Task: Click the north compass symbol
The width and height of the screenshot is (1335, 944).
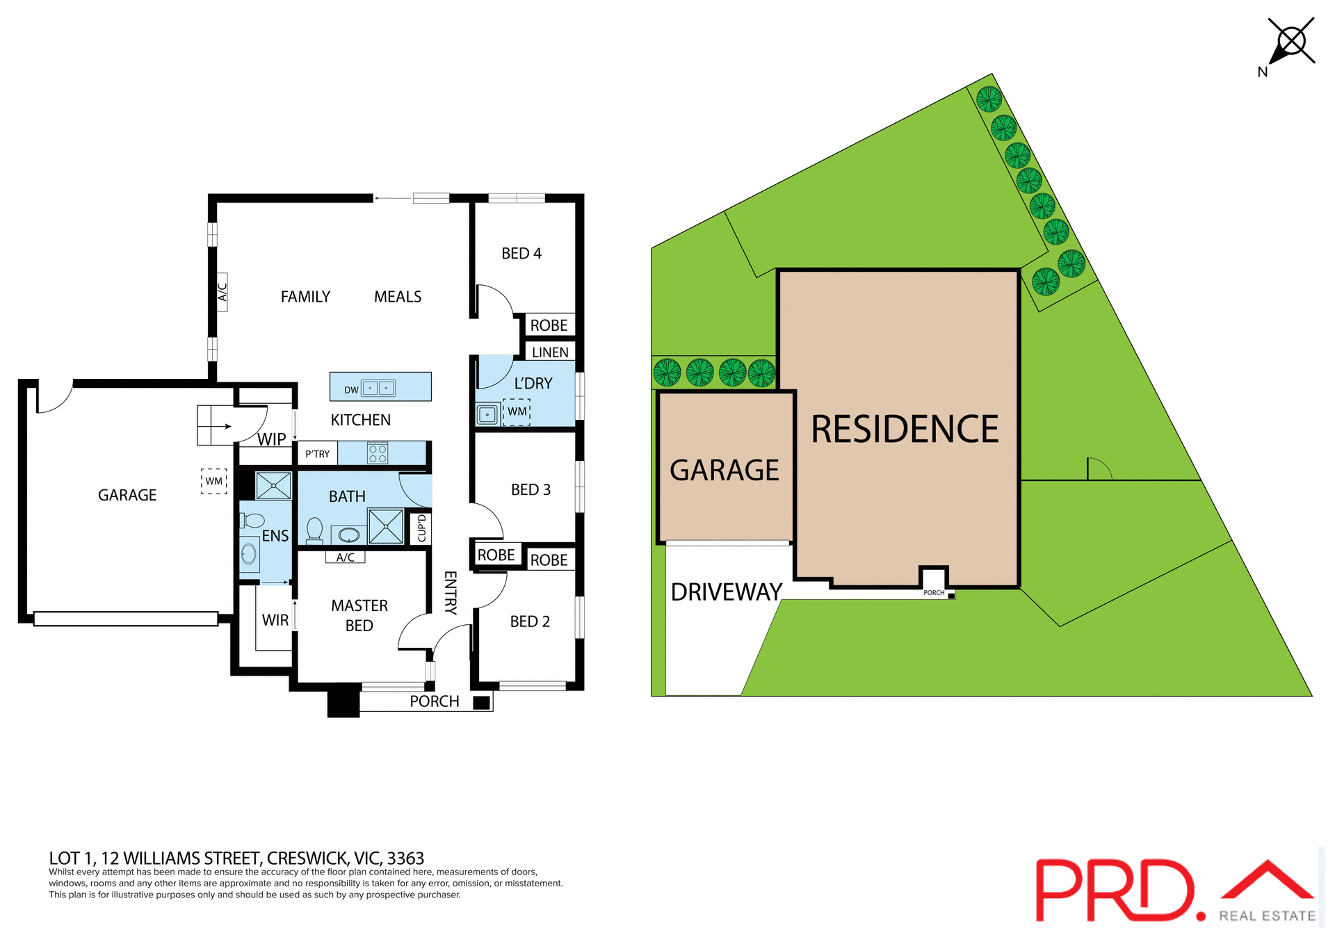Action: (x=1291, y=42)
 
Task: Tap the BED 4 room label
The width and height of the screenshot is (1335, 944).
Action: (x=521, y=254)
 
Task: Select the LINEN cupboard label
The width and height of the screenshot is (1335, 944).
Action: (x=550, y=352)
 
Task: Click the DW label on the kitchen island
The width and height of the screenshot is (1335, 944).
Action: (x=351, y=390)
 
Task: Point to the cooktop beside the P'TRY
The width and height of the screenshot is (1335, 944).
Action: (x=378, y=453)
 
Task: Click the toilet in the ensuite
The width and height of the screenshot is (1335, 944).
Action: (x=252, y=521)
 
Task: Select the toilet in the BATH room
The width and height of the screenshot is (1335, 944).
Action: (x=314, y=530)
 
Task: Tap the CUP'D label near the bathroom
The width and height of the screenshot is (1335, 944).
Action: (x=421, y=528)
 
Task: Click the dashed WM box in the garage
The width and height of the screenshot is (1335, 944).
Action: (x=214, y=481)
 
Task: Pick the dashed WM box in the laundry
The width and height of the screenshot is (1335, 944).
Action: (x=517, y=412)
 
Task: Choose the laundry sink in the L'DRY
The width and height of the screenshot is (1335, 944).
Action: (x=487, y=415)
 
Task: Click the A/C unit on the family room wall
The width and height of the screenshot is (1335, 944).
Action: (x=222, y=292)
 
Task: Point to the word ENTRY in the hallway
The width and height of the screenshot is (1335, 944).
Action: (x=451, y=592)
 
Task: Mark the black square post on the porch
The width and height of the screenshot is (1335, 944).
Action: (x=481, y=703)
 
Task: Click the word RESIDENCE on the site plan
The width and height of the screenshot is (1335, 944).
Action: (x=905, y=429)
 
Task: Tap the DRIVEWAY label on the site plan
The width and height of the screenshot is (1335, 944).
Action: (x=726, y=592)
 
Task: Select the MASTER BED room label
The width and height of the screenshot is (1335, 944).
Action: (x=359, y=615)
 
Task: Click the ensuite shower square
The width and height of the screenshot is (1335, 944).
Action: (x=273, y=485)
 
